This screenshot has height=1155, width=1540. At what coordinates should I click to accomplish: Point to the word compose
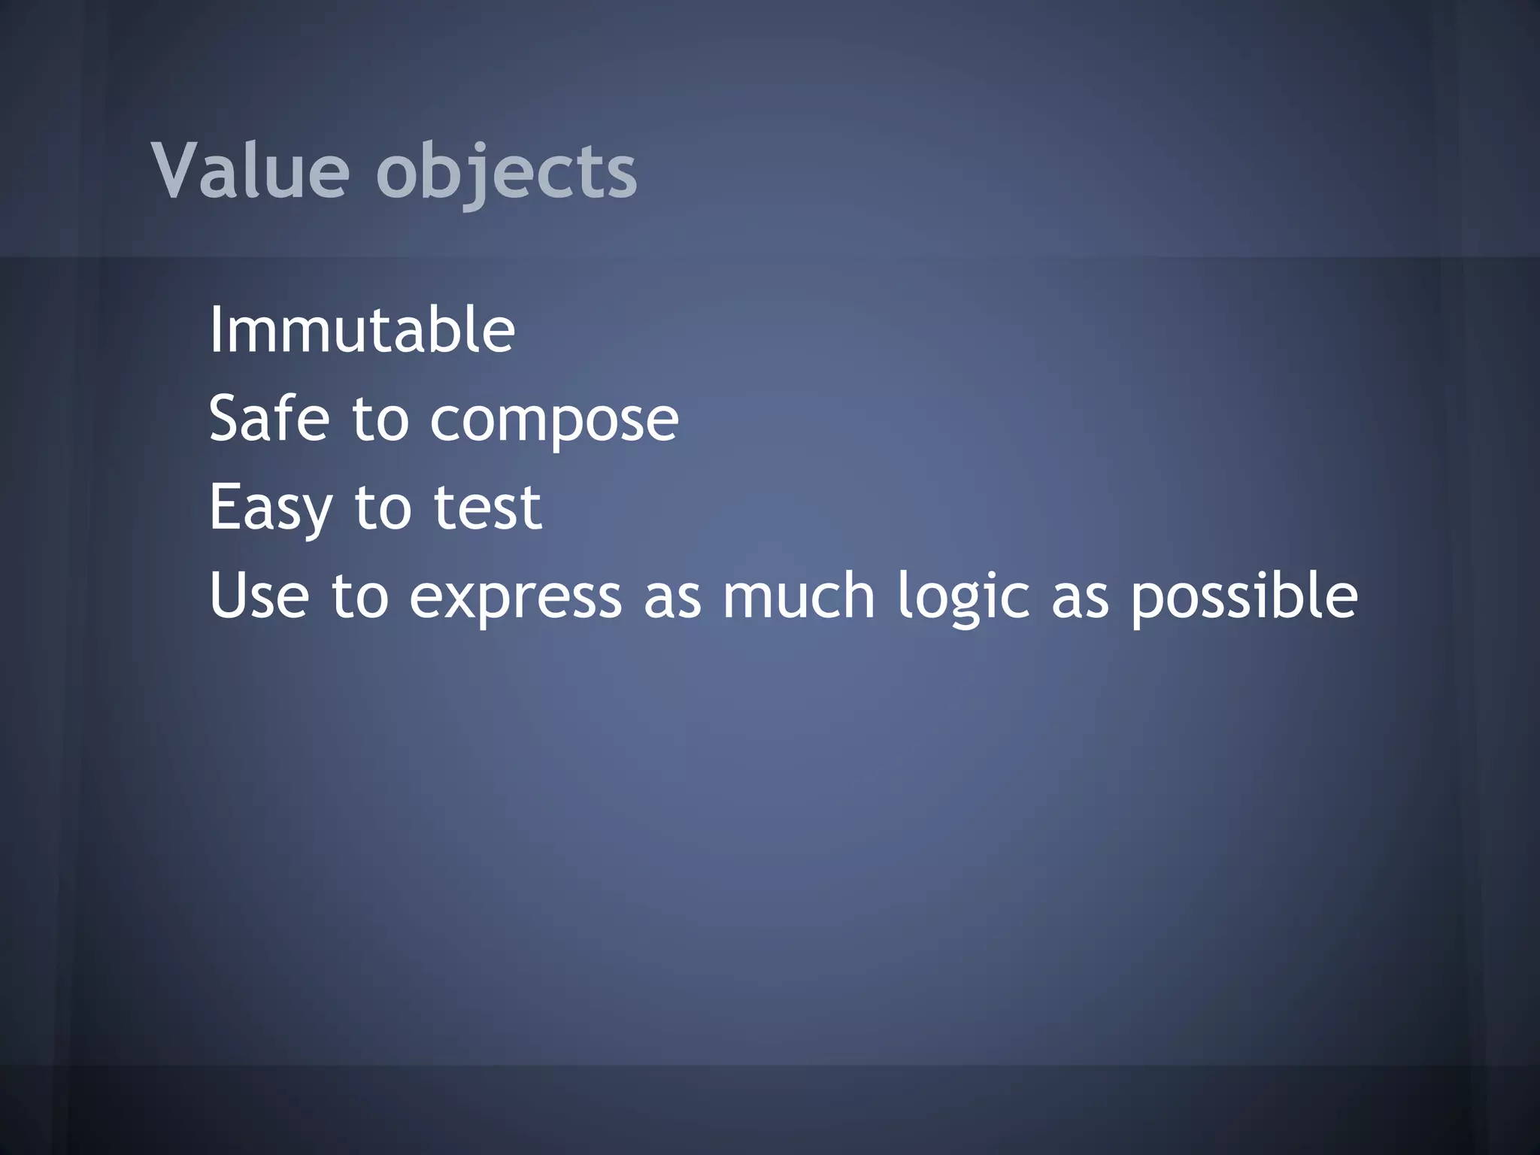tap(554, 421)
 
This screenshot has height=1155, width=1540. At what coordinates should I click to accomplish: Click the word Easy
tap(270, 509)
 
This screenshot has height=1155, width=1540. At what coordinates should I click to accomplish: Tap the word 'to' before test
tap(383, 508)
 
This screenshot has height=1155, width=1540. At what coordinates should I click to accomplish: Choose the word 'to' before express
tap(359, 596)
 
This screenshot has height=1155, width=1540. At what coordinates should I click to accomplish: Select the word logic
tap(963, 598)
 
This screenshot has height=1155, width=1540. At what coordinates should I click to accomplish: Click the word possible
tap(1244, 596)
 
